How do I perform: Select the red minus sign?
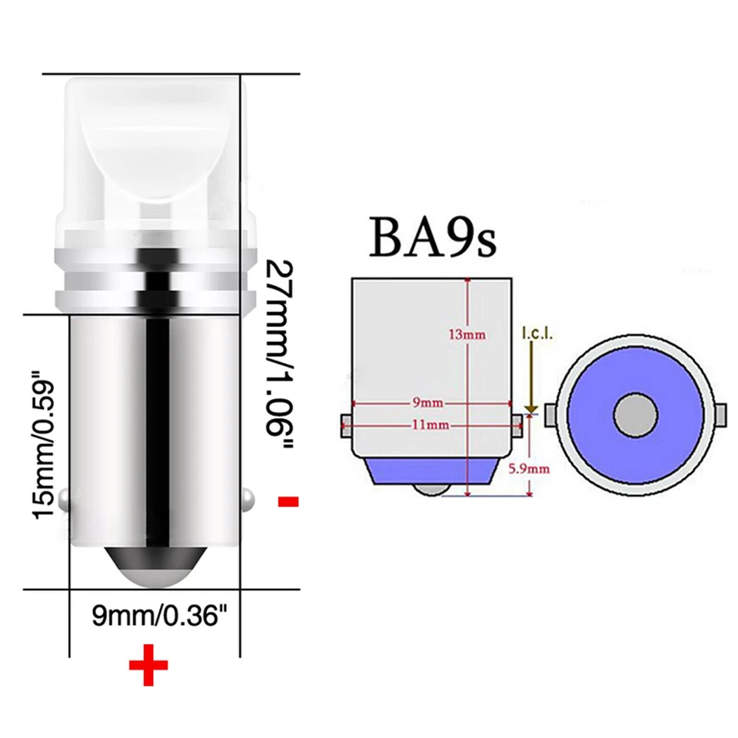click(288, 502)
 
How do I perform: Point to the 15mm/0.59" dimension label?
click(45, 446)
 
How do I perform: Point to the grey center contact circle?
click(635, 416)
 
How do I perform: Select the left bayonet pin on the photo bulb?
click(66, 500)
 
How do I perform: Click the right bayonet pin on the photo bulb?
click(248, 500)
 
